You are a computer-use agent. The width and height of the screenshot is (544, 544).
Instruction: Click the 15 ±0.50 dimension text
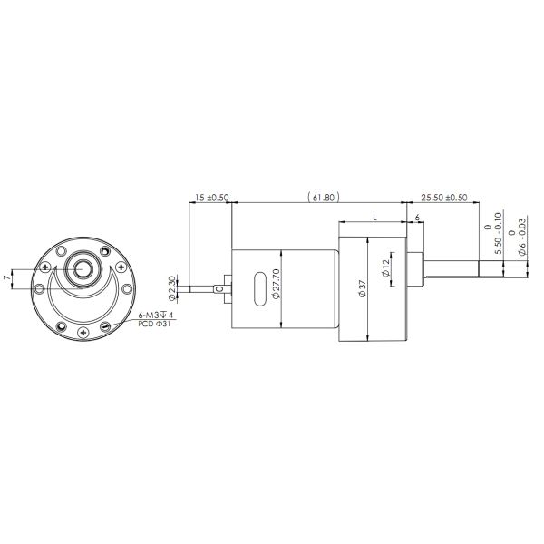pyautogui.click(x=210, y=197)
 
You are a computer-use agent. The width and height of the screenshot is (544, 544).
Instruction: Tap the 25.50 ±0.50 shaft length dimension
pyautogui.click(x=445, y=197)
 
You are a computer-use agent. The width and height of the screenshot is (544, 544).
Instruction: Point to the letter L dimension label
pyautogui.click(x=374, y=218)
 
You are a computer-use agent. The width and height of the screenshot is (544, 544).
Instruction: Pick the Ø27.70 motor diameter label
pyautogui.click(x=277, y=290)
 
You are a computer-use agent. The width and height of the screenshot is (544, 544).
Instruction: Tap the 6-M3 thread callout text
pyautogui.click(x=155, y=315)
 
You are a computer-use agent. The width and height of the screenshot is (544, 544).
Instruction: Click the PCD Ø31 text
pyautogui.click(x=154, y=323)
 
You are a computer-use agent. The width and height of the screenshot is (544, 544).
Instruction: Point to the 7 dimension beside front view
pyautogui.click(x=7, y=276)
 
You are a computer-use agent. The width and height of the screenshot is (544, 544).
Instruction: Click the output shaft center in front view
pyautogui.click(x=84, y=269)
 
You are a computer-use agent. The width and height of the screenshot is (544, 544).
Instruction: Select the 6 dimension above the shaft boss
pyautogui.click(x=416, y=218)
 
